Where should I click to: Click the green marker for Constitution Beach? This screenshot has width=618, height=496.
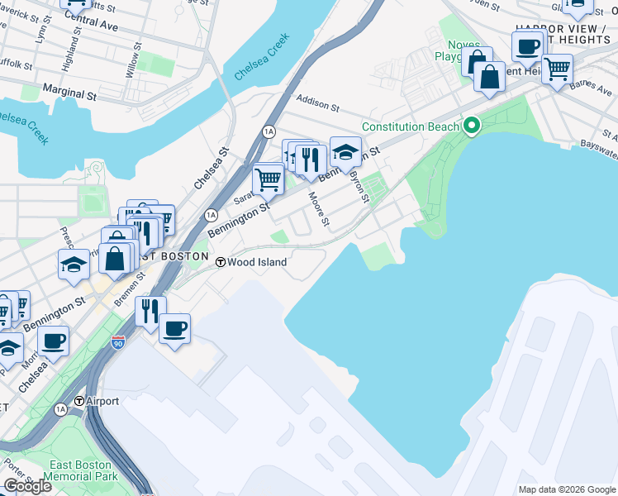472,126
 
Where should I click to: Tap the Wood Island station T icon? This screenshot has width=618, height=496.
221,262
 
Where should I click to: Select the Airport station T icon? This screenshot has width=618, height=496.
79,401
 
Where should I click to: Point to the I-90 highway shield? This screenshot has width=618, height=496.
119,341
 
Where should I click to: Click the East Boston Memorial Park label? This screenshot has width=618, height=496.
81,470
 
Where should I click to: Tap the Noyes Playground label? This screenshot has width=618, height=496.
452,50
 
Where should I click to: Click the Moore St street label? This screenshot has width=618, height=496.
319,210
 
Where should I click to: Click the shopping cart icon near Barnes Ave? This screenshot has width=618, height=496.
557,69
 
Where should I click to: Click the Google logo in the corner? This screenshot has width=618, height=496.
27,486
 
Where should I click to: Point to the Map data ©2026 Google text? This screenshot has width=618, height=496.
566,489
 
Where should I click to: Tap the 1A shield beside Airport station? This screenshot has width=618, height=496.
60,409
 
